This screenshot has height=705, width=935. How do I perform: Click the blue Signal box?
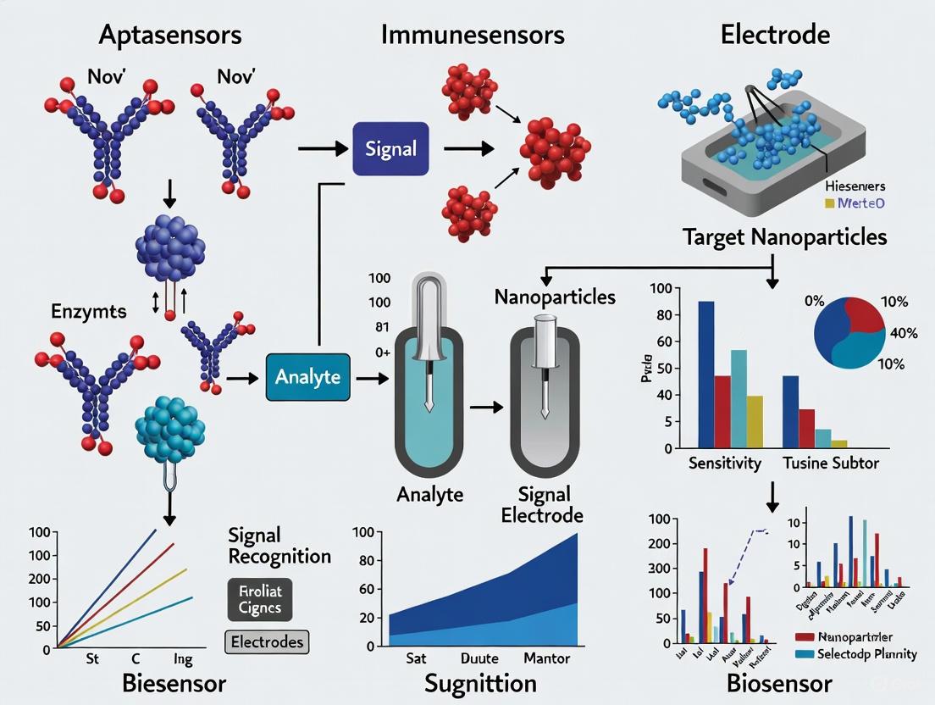click(390, 148)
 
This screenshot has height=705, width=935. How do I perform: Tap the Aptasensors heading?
click(170, 35)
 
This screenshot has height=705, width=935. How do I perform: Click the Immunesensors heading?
click(473, 35)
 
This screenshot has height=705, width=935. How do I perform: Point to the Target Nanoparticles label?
click(784, 236)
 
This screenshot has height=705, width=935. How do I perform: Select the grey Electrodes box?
click(267, 642)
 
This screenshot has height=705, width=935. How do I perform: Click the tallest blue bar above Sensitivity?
click(705, 374)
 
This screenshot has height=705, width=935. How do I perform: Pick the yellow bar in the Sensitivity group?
click(755, 421)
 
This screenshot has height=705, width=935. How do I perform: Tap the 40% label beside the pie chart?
click(904, 333)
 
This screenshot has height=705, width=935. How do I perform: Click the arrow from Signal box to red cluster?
click(468, 148)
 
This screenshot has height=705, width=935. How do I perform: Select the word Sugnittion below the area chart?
click(480, 683)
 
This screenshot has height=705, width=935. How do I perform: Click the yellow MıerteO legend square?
click(829, 203)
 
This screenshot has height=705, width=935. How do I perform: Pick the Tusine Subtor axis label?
click(831, 464)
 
